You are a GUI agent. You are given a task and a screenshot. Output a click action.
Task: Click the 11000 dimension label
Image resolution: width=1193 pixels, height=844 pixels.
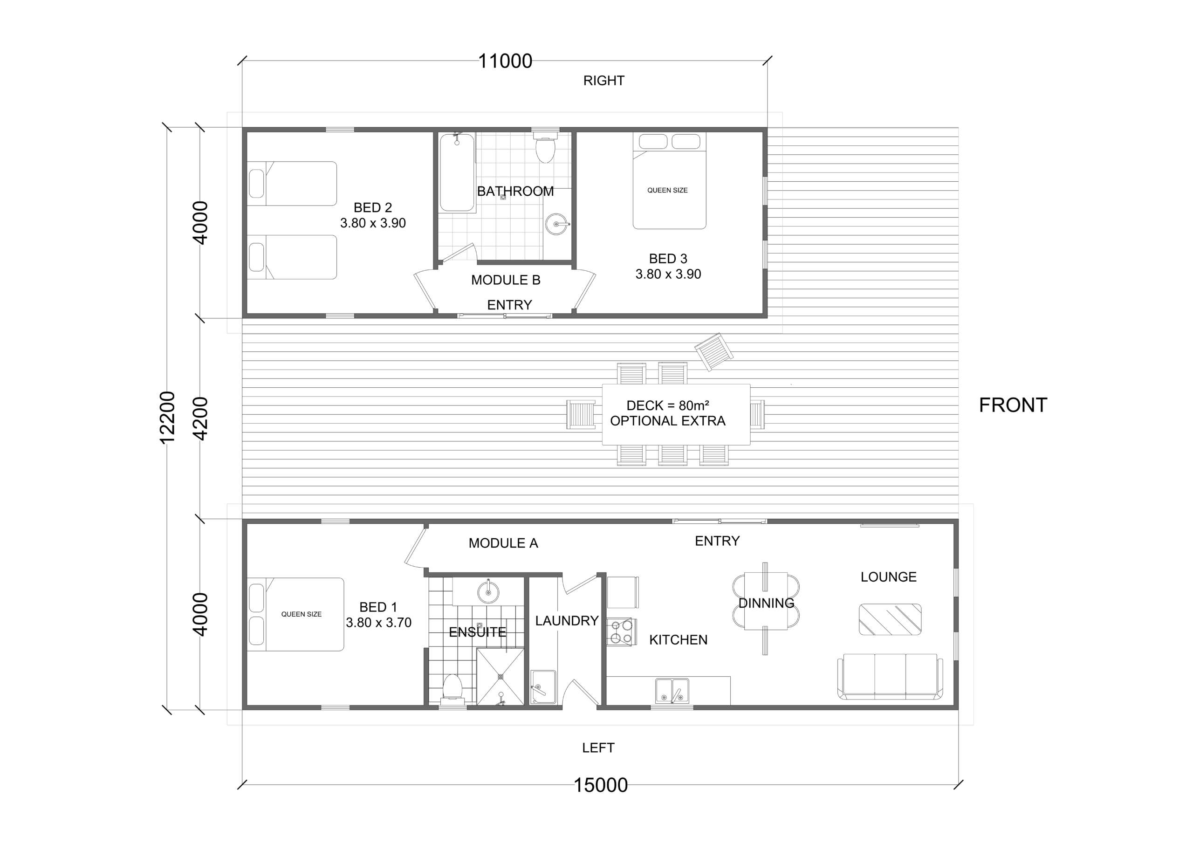[x=505, y=62]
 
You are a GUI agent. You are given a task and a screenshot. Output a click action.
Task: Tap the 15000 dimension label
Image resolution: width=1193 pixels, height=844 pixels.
[x=601, y=785]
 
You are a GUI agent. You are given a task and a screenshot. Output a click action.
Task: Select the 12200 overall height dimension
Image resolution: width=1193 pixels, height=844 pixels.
[x=167, y=418]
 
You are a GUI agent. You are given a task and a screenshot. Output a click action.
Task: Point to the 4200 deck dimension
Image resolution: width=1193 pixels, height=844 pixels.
[x=200, y=419]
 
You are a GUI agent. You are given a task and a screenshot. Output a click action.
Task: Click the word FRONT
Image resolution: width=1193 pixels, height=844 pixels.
[x=1013, y=405]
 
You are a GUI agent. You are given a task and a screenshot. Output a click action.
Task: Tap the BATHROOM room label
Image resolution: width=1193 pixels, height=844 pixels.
[x=515, y=191]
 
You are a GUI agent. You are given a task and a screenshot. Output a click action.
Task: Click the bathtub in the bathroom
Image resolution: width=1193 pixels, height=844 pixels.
[x=457, y=173]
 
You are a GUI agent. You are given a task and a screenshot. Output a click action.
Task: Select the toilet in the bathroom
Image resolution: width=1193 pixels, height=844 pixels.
[x=545, y=147]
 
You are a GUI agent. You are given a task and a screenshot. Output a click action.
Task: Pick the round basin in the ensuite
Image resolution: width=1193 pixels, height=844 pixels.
[x=488, y=591]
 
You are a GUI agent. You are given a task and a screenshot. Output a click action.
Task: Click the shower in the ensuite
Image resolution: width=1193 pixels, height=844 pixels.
[x=501, y=677]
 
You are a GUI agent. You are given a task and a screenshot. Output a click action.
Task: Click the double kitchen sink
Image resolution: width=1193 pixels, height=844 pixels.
[x=672, y=691]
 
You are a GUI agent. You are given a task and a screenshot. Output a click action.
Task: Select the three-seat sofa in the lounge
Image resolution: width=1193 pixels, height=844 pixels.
[x=890, y=676]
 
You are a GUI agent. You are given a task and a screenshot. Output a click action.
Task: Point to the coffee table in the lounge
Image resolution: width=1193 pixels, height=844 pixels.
[x=890, y=619]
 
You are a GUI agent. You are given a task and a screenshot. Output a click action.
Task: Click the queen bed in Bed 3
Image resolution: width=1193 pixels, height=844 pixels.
[x=669, y=181]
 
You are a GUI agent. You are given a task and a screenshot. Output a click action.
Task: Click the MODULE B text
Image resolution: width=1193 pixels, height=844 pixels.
[x=506, y=280]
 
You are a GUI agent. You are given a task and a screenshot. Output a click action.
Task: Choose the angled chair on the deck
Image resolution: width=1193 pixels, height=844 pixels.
[x=714, y=352]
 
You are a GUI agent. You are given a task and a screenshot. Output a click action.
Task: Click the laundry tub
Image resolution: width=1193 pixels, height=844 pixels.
[x=543, y=687]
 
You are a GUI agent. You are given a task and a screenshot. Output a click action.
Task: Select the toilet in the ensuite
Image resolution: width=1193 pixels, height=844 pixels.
[x=452, y=689]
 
